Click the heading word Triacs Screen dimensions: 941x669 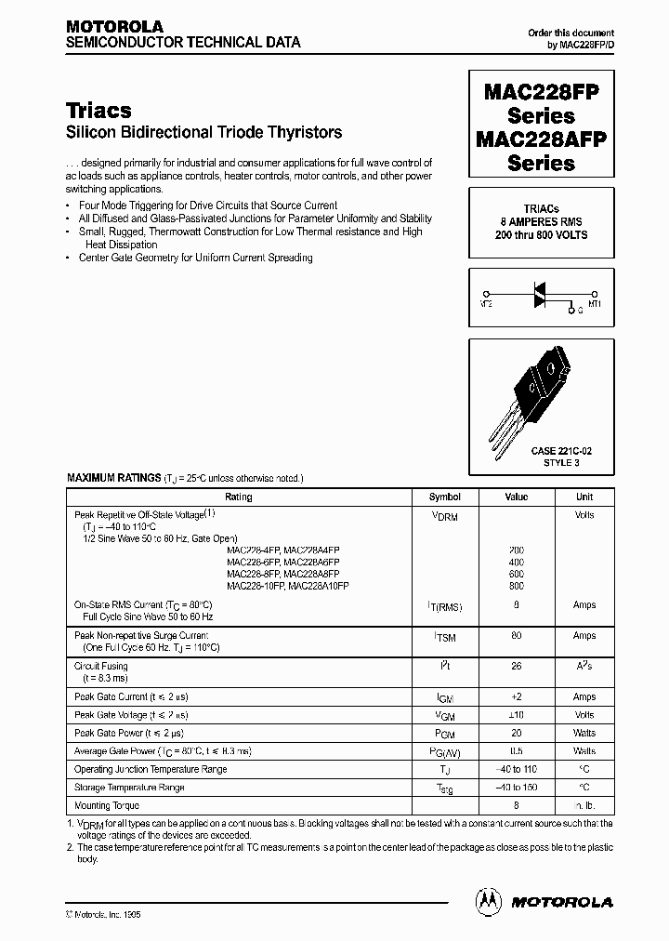coord(99,111)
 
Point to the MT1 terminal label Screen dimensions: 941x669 coord(594,303)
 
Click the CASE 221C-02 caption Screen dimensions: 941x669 coord(560,450)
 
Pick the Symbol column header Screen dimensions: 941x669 coord(444,497)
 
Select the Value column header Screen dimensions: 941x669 coord(516,497)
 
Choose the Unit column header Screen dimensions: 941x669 coord(584,497)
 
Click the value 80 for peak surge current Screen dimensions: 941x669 coord(517,636)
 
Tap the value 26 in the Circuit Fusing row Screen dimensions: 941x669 coord(517,666)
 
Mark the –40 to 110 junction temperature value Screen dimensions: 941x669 coord(517,769)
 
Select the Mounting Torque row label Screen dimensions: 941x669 coord(107,805)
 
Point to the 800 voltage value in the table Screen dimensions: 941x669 coord(517,587)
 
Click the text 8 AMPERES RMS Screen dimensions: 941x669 coord(541,222)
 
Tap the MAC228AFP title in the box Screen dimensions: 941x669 coord(541,139)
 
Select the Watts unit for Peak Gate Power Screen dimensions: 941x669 coord(584,733)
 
